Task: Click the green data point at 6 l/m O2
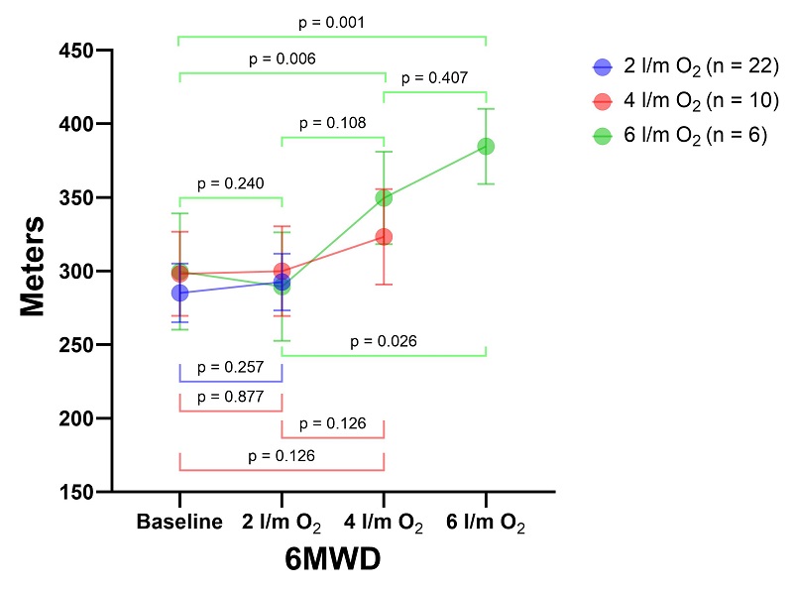[486, 146]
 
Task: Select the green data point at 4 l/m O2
[384, 197]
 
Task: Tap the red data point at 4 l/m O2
[384, 237]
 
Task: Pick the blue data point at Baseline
[179, 293]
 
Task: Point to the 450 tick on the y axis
[84, 51]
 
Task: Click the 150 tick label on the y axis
[84, 492]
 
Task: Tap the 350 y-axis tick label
[84, 197]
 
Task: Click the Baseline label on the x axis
[179, 523]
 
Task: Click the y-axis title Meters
[34, 267]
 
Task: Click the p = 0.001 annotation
[331, 22]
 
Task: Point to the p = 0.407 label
[434, 77]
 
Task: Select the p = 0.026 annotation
[383, 341]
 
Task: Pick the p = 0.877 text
[230, 397]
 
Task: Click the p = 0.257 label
[230, 367]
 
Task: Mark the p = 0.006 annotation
[282, 59]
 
